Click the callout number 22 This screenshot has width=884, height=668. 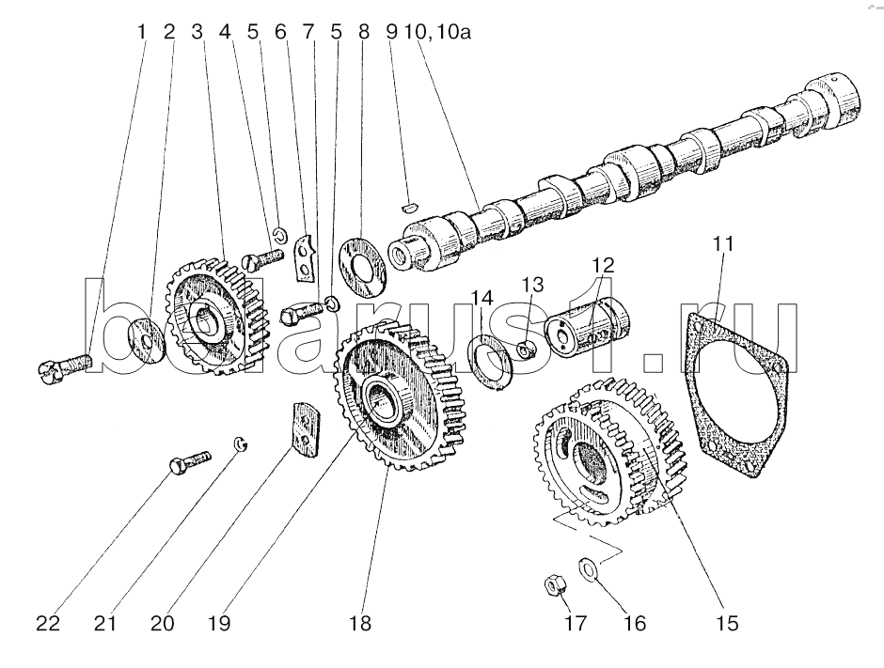click(x=48, y=624)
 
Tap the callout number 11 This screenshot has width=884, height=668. click(x=723, y=244)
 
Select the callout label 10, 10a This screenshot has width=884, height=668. click(x=437, y=32)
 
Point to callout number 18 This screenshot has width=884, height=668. click(x=360, y=624)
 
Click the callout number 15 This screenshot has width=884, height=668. click(x=727, y=624)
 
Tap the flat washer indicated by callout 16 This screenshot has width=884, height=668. click(x=589, y=567)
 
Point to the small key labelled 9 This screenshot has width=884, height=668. click(x=410, y=208)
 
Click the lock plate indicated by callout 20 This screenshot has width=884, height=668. click(x=306, y=429)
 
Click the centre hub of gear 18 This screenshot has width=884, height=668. click(x=385, y=400)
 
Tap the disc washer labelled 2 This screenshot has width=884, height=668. click(x=146, y=341)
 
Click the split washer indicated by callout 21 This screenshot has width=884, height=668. click(x=242, y=443)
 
